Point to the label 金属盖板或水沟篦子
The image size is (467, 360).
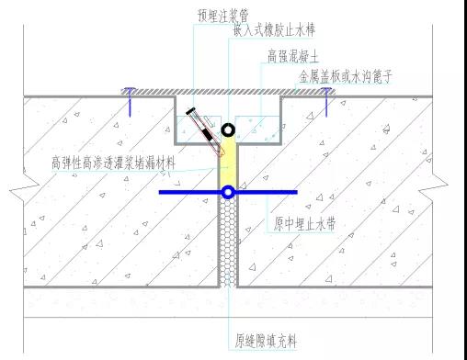tap(345, 80)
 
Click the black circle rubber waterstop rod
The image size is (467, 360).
tap(227, 129)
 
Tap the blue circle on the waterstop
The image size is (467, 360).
tap(227, 192)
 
